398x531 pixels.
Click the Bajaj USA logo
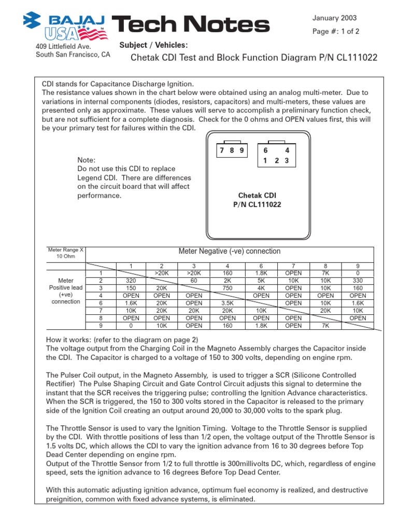pyautogui.click(x=65, y=25)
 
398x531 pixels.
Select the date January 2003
pyautogui.click(x=334, y=18)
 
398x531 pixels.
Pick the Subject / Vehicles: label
pyautogui.click(x=153, y=45)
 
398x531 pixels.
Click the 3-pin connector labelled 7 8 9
pyautogui.click(x=231, y=151)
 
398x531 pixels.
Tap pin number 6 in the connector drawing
pyautogui.click(x=265, y=150)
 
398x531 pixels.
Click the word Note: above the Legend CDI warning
pyautogui.click(x=87, y=160)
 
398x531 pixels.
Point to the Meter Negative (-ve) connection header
pyautogui.click(x=229, y=251)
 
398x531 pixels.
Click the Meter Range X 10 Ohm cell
pyautogui.click(x=65, y=253)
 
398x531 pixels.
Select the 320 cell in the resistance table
pyautogui.click(x=131, y=281)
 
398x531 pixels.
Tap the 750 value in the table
pyautogui.click(x=228, y=288)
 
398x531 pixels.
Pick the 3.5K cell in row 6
pyautogui.click(x=228, y=303)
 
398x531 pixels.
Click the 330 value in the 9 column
pyautogui.click(x=358, y=281)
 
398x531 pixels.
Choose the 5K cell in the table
pyautogui.click(x=261, y=281)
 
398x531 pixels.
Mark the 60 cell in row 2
pyautogui.click(x=194, y=281)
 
